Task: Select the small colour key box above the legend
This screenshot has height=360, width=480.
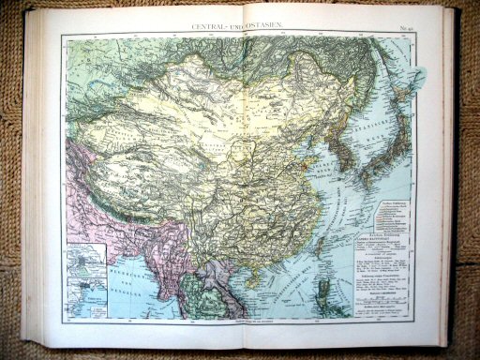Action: pyautogui.click(x=383, y=207)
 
